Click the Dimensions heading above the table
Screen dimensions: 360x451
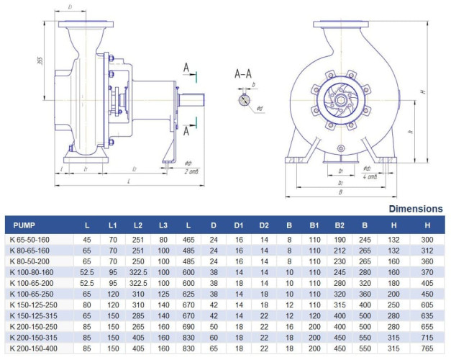(x=416, y=209)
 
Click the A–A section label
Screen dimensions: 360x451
(x=243, y=74)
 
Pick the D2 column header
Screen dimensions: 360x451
(x=264, y=225)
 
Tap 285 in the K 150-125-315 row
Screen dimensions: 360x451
(x=138, y=315)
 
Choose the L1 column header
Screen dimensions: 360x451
(x=112, y=225)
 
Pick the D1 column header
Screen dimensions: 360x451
(x=238, y=225)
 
